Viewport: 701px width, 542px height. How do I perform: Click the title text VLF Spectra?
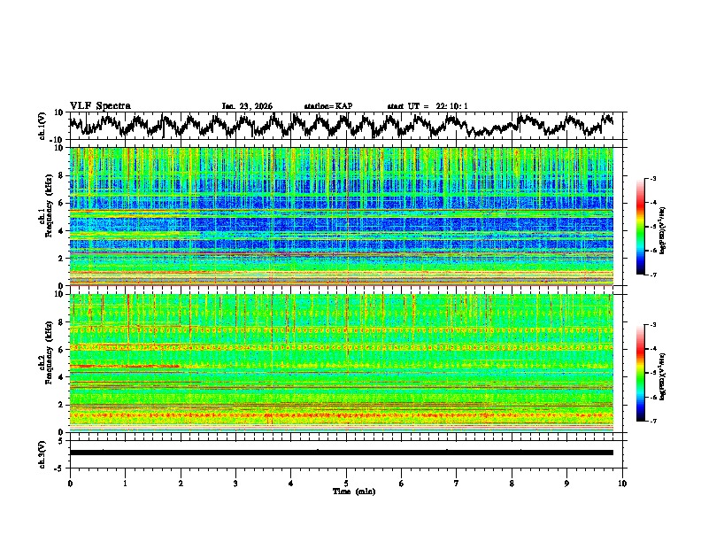100,105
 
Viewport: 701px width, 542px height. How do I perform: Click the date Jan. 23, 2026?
247,106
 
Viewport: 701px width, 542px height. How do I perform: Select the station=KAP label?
327,106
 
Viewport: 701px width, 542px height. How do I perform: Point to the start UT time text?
428,106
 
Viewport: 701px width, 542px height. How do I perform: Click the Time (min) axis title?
346,491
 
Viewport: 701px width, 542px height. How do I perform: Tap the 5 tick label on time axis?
346,483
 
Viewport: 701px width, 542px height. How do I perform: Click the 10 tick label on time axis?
622,483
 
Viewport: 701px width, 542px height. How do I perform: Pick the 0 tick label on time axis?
70,483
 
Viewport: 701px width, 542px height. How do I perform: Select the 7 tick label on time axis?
457,483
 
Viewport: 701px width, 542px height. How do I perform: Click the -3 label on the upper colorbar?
653,179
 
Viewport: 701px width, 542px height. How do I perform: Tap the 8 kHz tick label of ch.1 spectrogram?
62,175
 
